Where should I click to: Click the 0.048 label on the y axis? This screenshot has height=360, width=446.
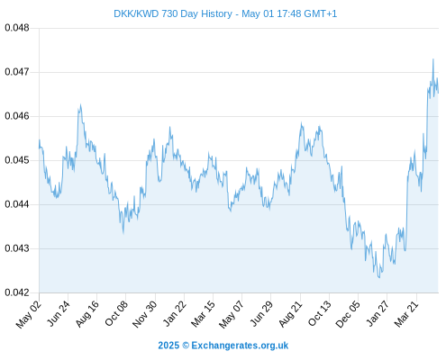tap(17, 28)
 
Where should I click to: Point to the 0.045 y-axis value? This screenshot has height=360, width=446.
tap(17, 160)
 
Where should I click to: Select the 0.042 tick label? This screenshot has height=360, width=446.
tap(17, 292)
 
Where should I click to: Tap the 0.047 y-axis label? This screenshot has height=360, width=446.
tap(17, 72)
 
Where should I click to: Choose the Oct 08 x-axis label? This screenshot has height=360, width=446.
tap(116, 313)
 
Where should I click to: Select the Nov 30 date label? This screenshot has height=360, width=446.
tap(145, 313)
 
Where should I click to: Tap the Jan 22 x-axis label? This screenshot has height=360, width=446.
tap(175, 313)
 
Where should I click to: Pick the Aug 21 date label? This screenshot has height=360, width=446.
tap(290, 313)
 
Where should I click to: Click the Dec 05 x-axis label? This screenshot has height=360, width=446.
tap(348, 313)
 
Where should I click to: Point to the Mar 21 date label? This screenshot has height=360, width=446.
tap(406, 313)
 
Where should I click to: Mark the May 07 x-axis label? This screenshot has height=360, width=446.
tap(232, 314)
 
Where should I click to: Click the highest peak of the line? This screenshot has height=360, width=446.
tap(433, 59)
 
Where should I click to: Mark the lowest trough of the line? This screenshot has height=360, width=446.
tap(379, 278)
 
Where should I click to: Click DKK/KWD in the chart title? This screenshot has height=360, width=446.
tap(136, 13)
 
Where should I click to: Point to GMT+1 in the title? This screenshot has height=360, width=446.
tap(321, 13)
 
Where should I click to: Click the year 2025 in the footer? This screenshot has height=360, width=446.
tap(168, 346)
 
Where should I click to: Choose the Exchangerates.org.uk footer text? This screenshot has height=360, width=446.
tap(240, 346)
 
